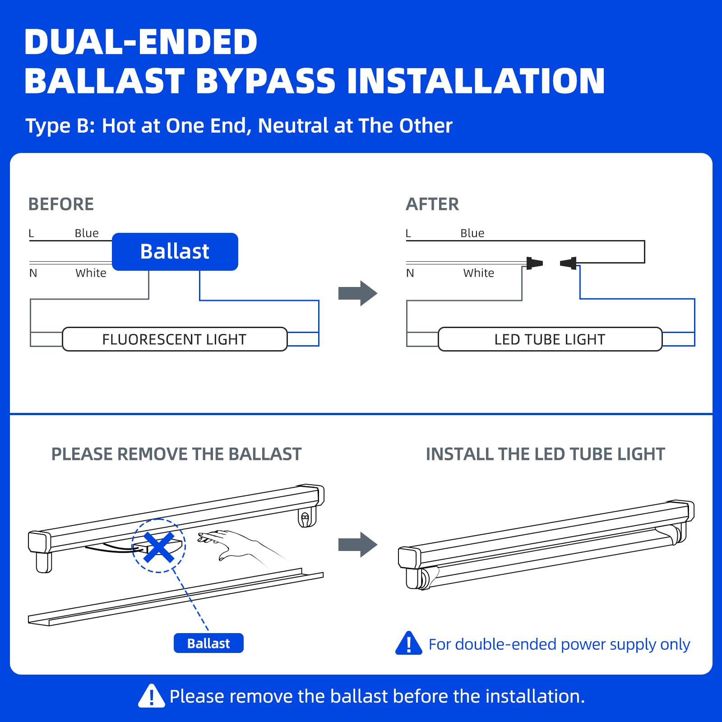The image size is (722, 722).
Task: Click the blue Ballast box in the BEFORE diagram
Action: click(x=175, y=252)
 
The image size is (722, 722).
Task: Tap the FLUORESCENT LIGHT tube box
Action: click(x=174, y=339)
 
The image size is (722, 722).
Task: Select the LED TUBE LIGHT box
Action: click(x=550, y=339)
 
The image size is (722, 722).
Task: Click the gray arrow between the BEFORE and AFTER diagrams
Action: click(x=357, y=293)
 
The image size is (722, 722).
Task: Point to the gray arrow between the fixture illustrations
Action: click(x=357, y=545)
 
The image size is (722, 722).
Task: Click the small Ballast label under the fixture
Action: click(x=208, y=643)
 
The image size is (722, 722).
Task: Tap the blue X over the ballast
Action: click(x=159, y=546)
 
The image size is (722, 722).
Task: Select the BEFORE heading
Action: click(x=61, y=204)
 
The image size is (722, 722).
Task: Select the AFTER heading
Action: click(x=432, y=204)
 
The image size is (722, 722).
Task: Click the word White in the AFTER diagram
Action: click(x=478, y=273)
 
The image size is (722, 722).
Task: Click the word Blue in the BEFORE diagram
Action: click(x=87, y=233)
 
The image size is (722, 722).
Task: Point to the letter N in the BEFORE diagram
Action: click(x=33, y=273)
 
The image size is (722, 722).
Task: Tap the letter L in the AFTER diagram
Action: click(x=408, y=233)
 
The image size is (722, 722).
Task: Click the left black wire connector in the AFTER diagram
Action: click(x=534, y=263)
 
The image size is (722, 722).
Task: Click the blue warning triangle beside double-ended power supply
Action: click(x=408, y=644)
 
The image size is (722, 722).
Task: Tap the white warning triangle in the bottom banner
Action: click(x=151, y=696)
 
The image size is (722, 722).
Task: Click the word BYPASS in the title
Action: click(x=266, y=81)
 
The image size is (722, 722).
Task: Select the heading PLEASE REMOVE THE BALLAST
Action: click(x=176, y=454)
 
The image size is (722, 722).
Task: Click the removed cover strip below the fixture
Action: click(x=176, y=598)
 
